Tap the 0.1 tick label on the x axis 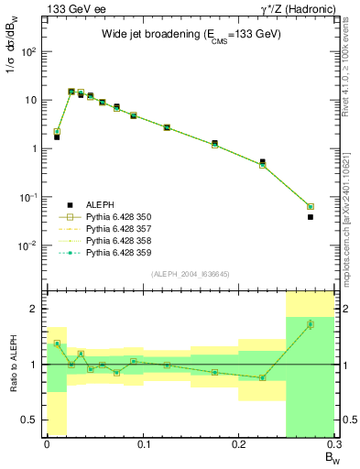(142, 445)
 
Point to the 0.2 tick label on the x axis (238, 445)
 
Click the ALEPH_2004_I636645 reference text (190, 274)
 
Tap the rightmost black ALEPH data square (311, 217)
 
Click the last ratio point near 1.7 (311, 323)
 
